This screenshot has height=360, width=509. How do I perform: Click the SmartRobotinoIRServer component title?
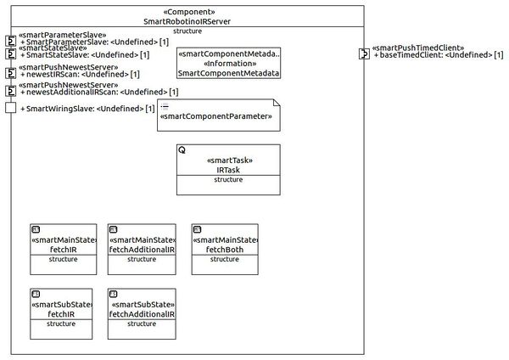(187, 20)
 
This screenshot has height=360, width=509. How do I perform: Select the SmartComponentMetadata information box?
(228, 63)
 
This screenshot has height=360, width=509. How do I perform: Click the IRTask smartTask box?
(228, 171)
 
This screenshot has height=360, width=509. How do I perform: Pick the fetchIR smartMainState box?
(64, 249)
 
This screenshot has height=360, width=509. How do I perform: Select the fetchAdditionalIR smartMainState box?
(142, 249)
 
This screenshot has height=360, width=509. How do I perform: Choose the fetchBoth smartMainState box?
(225, 249)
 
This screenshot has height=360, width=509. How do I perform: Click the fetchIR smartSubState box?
(64, 313)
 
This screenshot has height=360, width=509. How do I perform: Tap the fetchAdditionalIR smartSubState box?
(142, 313)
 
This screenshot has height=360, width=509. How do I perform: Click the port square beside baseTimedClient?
(364, 54)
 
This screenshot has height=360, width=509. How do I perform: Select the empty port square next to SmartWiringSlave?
(11, 108)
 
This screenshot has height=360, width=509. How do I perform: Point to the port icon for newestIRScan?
(11, 73)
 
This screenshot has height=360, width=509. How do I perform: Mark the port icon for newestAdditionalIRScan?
(11, 91)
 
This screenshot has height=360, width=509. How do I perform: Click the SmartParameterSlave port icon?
(11, 40)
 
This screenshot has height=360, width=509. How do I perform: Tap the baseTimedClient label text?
(438, 55)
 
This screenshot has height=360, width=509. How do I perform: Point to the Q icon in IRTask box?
(182, 149)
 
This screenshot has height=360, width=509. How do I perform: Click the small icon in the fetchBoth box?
(197, 229)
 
